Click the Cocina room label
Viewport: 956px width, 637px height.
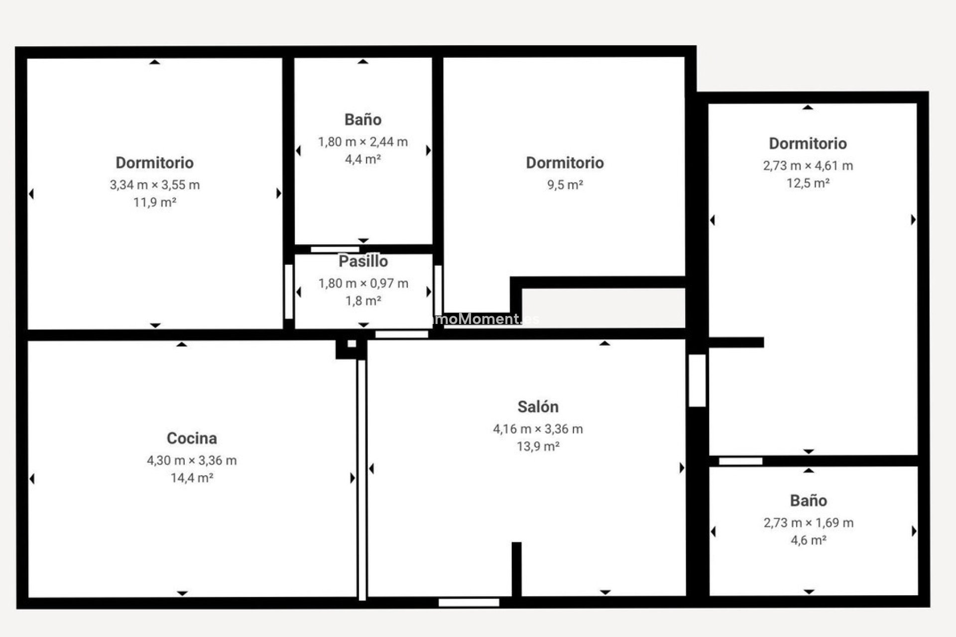coord(192,438)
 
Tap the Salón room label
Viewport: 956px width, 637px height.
coord(538,407)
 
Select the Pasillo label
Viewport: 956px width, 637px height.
coord(363,261)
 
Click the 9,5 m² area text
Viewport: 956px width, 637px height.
coord(565,185)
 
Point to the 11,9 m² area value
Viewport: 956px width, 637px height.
coord(154,203)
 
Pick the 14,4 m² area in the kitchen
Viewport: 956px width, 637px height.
coord(192,478)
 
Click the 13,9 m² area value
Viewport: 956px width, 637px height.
coord(538,446)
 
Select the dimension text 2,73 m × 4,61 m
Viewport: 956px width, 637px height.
coord(808,166)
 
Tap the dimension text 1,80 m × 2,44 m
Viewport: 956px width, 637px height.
coord(363,142)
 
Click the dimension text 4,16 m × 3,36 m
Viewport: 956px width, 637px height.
coord(538,429)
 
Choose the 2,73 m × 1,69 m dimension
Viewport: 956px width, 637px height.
coord(808,523)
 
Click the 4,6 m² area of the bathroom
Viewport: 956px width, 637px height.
coord(808,540)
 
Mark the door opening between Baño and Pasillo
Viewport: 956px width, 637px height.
coord(335,249)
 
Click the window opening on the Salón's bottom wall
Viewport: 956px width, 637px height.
coord(469,603)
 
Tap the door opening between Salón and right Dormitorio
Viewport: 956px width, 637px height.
coord(697,380)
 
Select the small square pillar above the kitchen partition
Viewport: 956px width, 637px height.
coord(352,344)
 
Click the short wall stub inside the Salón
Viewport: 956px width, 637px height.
coord(516,569)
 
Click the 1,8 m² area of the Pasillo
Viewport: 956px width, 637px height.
coord(363,301)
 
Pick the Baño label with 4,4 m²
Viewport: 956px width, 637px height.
coord(363,119)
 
